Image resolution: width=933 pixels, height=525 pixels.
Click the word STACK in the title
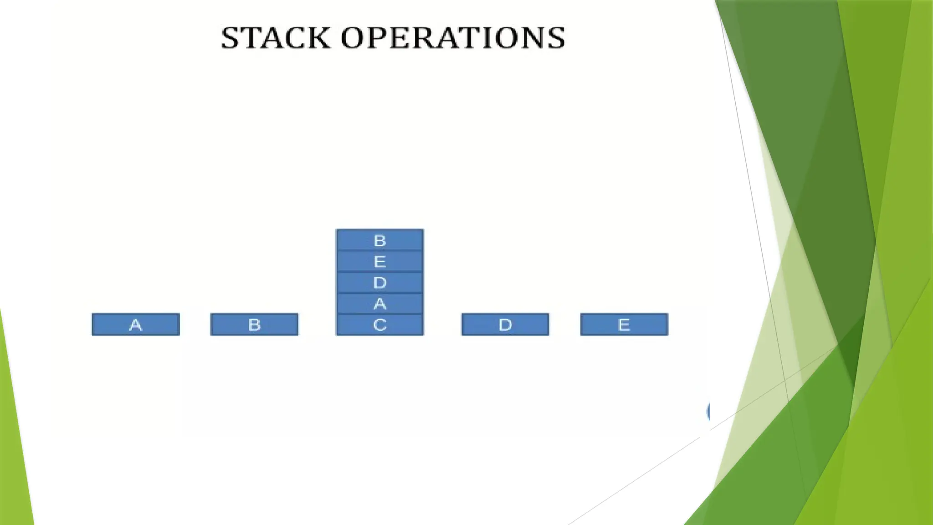click(275, 38)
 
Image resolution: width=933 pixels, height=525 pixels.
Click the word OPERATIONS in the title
click(453, 38)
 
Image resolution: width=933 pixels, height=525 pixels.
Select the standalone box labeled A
click(136, 324)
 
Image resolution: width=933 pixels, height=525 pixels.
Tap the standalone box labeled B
click(254, 324)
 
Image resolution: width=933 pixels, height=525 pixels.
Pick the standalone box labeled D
click(505, 324)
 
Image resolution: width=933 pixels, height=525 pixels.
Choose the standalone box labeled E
click(624, 324)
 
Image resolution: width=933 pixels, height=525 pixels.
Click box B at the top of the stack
click(379, 240)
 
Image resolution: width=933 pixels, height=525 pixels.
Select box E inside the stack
click(379, 262)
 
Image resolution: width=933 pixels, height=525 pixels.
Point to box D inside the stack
click(379, 283)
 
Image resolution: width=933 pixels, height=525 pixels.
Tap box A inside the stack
click(379, 304)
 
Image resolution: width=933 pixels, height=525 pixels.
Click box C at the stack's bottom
click(379, 325)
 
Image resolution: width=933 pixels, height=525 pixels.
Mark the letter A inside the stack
click(379, 304)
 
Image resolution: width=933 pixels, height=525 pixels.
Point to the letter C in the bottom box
click(379, 325)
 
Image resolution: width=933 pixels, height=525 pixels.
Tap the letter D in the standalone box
click(505, 324)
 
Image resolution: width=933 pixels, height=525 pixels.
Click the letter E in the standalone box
click(624, 324)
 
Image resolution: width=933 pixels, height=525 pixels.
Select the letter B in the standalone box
click(254, 324)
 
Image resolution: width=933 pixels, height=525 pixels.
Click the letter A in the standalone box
click(136, 324)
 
